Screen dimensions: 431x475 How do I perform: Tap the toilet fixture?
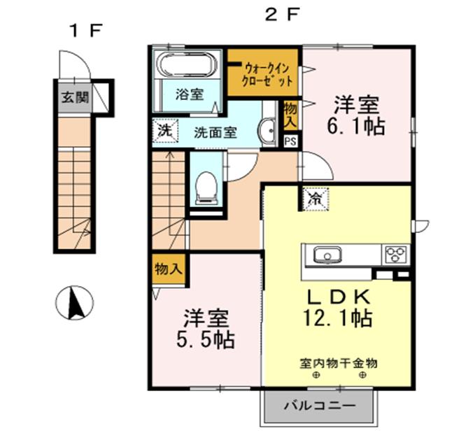206,187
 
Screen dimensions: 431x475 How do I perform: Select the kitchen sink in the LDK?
326,255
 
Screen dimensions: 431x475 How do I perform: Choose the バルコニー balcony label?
320,406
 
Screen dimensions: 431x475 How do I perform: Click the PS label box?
290,140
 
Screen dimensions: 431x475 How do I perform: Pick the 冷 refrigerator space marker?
316,199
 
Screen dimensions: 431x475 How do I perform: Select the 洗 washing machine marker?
163,130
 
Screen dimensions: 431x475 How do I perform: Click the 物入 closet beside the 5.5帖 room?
169,269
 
